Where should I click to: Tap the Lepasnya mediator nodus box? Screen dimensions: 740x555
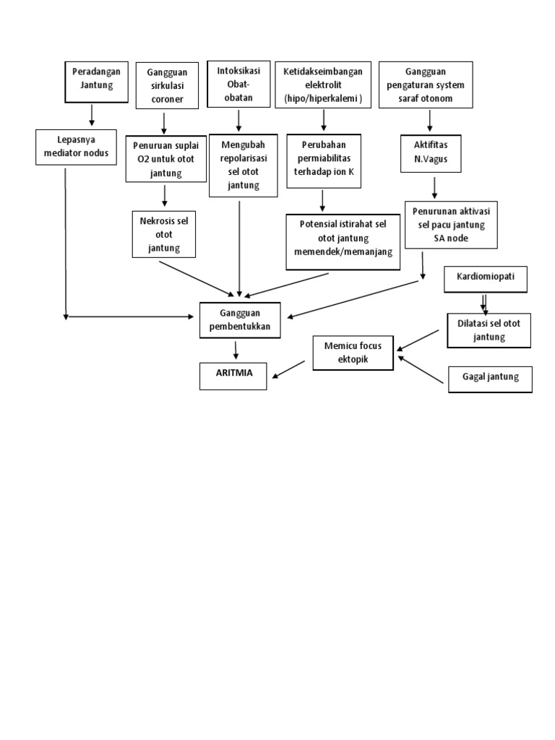click(76, 146)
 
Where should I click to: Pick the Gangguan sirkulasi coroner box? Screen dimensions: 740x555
click(167, 86)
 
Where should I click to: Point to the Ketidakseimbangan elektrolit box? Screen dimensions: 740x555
click(323, 85)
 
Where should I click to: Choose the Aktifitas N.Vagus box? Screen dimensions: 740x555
click(430, 152)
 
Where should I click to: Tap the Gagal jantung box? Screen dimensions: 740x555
click(490, 378)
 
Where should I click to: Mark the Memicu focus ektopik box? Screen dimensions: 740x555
click(353, 352)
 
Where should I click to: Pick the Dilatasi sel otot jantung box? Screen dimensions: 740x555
click(489, 329)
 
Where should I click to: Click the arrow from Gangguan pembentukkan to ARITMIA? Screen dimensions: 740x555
click(234, 350)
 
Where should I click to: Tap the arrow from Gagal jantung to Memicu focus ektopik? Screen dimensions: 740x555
click(421, 369)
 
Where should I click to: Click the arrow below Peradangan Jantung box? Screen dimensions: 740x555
click(92, 114)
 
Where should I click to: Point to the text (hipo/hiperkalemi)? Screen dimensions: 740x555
click(323, 98)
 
